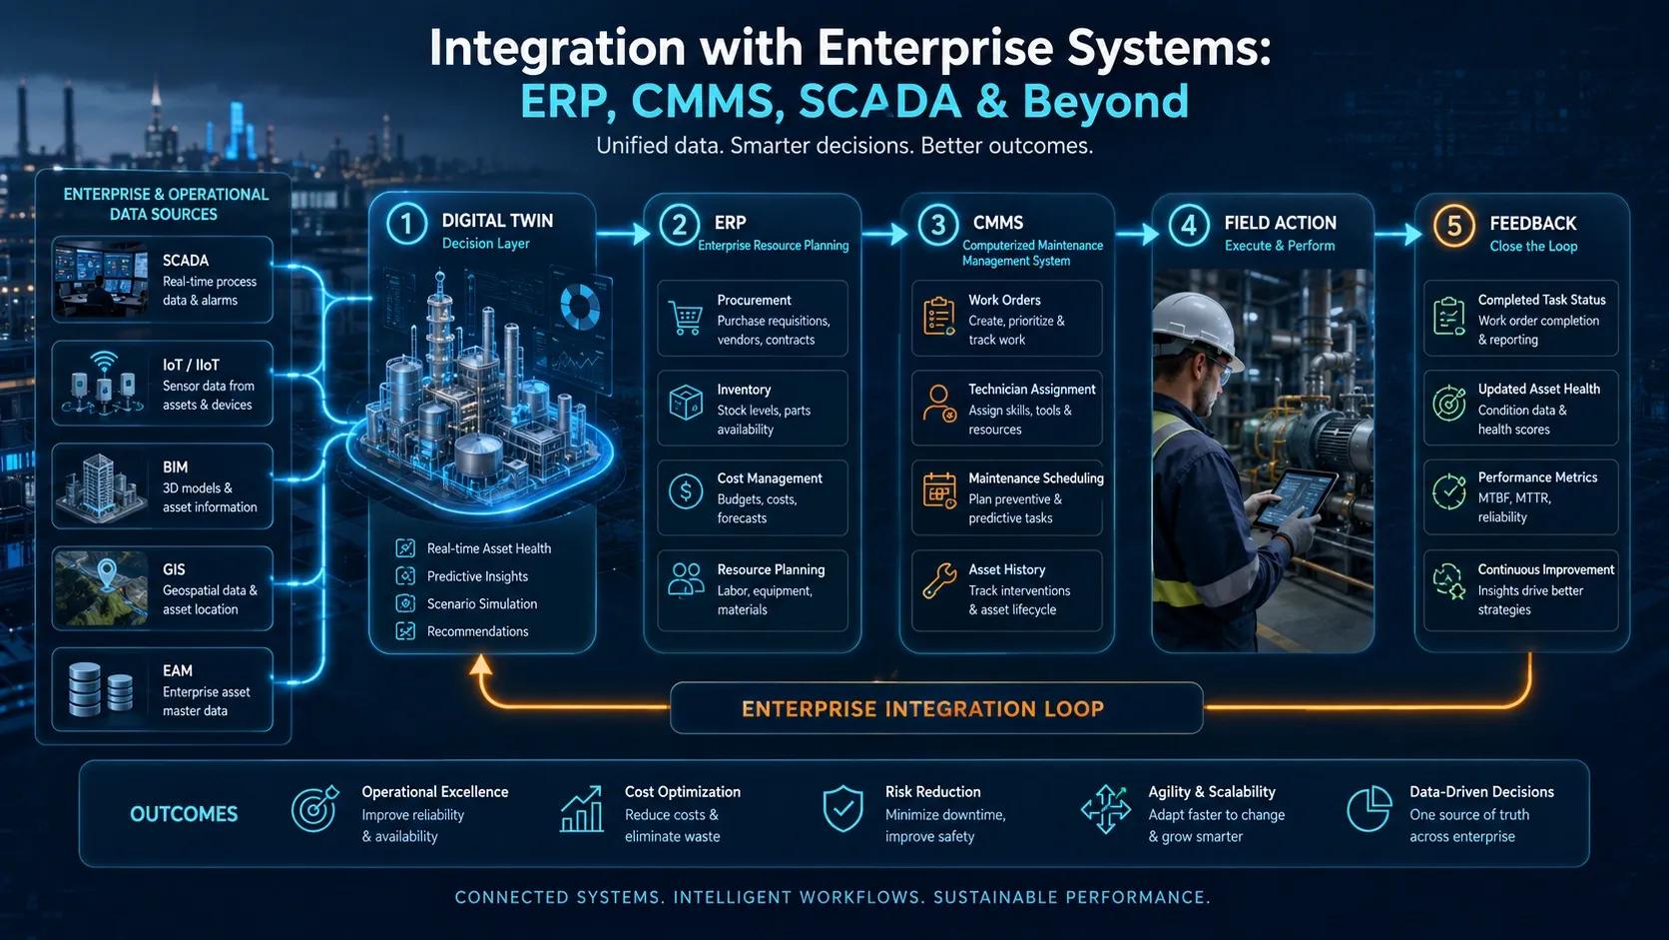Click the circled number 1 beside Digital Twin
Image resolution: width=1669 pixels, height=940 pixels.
coord(406,224)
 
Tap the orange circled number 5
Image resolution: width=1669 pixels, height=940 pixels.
coord(1453,225)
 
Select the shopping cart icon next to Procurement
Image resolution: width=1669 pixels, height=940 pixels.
coord(685,319)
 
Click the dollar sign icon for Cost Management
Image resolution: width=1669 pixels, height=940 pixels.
coord(686,491)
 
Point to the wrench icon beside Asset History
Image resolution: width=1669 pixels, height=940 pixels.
coord(938,580)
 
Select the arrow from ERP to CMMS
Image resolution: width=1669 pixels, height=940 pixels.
coord(885,234)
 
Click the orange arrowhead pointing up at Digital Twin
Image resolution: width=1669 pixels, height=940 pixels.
coord(480,664)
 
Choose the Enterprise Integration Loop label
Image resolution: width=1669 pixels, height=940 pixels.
coord(922,708)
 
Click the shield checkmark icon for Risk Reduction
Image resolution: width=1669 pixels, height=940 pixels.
coord(842,808)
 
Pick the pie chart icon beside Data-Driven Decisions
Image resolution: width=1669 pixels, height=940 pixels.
coord(1369,809)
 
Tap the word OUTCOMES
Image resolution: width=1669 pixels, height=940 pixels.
coord(184,814)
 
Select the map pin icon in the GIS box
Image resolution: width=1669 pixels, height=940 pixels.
coord(107,575)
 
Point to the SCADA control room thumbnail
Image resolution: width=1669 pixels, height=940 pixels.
coord(101,280)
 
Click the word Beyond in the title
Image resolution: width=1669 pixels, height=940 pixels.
coord(1106,101)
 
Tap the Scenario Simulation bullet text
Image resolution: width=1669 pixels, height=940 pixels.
coord(482,603)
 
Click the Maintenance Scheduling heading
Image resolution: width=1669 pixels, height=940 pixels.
coord(1036,477)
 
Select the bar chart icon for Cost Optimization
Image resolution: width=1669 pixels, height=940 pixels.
coord(582,809)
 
